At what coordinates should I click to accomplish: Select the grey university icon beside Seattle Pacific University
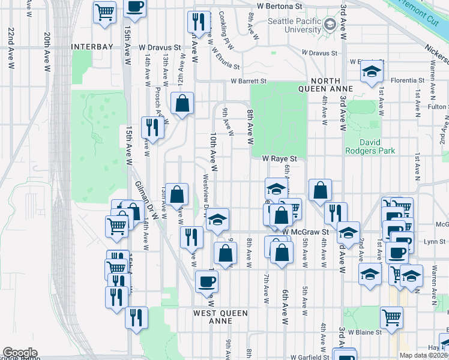coord(330,24)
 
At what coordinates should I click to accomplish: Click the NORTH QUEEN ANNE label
coord(327,85)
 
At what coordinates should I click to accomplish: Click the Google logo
coord(19,353)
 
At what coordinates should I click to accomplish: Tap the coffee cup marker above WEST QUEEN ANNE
coord(206,281)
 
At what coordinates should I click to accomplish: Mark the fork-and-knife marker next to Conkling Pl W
coord(198,22)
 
